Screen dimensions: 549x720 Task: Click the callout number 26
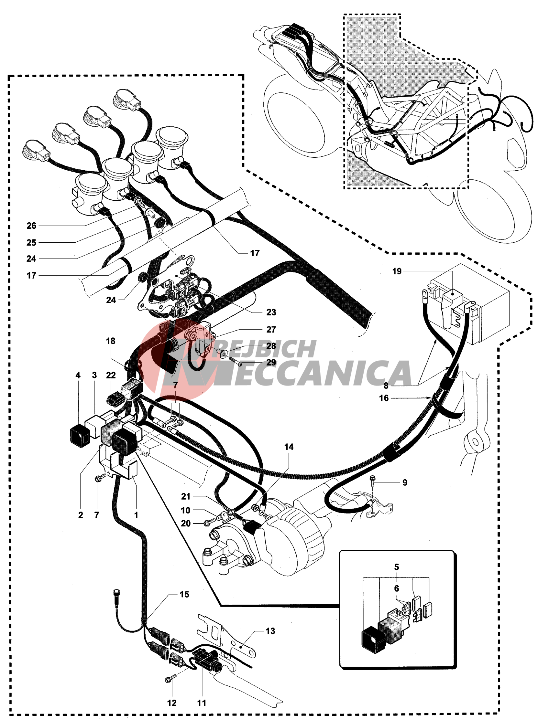[31, 226]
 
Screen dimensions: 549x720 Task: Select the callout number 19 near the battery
[397, 271]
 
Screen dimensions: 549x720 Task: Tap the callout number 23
[271, 312]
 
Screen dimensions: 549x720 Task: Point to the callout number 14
[289, 447]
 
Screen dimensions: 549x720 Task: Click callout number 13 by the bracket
[270, 631]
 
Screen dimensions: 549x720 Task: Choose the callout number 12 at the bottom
[172, 703]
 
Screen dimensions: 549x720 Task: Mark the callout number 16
[384, 398]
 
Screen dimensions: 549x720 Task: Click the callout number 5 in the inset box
[396, 567]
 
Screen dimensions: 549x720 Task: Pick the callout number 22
[111, 375]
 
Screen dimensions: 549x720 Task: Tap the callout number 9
[405, 482]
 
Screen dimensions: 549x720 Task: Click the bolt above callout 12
[171, 679]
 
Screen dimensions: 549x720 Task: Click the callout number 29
[271, 362]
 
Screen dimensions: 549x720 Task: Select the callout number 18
[110, 341]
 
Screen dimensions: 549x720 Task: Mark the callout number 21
[186, 496]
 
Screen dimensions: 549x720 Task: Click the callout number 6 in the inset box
[396, 588]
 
